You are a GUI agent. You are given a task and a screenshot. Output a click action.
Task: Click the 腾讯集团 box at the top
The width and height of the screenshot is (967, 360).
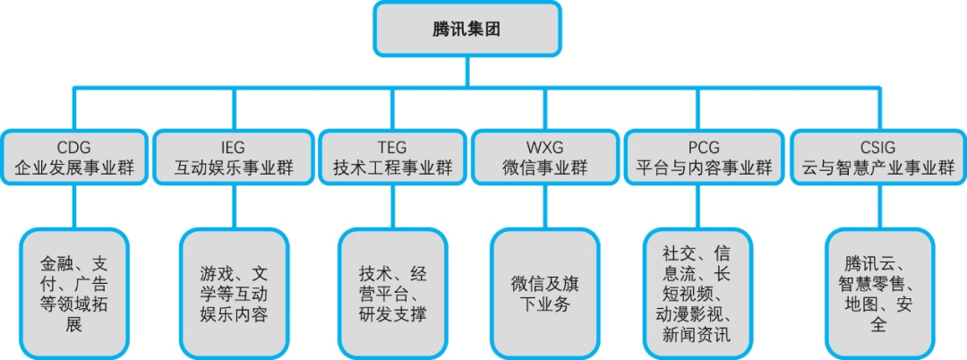467,29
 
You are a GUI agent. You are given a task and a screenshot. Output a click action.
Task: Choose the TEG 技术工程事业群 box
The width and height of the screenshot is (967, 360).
393,158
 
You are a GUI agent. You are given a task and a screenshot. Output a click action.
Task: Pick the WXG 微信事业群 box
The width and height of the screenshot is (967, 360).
543,158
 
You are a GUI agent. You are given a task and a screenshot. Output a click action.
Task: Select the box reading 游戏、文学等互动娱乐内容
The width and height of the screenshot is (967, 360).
235,293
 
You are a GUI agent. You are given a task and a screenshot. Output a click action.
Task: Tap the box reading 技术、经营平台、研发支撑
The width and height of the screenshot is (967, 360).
392,293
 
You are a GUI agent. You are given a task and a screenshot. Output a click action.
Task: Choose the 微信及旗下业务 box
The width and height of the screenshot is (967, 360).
544,293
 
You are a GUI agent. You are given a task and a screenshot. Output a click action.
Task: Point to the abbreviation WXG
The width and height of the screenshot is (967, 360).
543,147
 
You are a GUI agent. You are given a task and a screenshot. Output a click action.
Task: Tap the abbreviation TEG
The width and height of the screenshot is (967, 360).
393,147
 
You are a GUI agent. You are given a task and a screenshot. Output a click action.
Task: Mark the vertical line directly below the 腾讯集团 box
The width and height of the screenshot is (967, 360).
467,71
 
